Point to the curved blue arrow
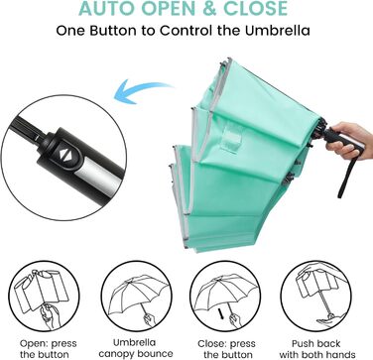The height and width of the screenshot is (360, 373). click(x=141, y=89)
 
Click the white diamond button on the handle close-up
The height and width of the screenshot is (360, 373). click(x=63, y=154)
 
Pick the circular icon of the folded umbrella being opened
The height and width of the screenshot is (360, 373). click(x=44, y=297)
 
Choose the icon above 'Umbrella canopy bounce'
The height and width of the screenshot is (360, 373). click(x=136, y=297)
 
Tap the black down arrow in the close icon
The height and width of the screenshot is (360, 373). click(x=220, y=313)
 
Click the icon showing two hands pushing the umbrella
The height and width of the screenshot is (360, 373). click(x=316, y=297)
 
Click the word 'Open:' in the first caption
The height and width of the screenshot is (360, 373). click(x=33, y=344)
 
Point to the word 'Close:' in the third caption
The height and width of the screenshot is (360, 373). click(x=212, y=344)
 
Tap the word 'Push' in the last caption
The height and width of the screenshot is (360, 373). click(x=305, y=343)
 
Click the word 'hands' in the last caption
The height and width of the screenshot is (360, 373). click(x=341, y=354)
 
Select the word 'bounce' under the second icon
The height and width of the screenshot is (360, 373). click(x=156, y=354)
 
